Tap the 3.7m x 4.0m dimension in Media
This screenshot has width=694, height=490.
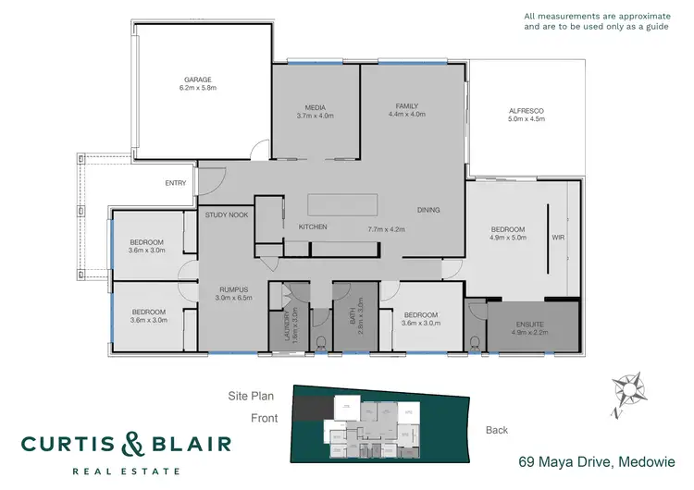click(315, 116)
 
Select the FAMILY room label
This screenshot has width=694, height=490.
click(407, 106)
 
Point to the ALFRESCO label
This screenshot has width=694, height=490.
click(526, 111)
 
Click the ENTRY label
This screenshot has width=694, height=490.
click(176, 183)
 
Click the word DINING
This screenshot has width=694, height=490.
click(428, 210)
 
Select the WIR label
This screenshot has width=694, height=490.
click(557, 237)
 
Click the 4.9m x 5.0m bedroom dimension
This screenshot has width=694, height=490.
click(507, 238)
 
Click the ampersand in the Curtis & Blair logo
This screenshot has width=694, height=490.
click(128, 446)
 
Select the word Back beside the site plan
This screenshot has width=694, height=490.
click(498, 430)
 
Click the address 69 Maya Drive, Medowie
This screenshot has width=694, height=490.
click(596, 460)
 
